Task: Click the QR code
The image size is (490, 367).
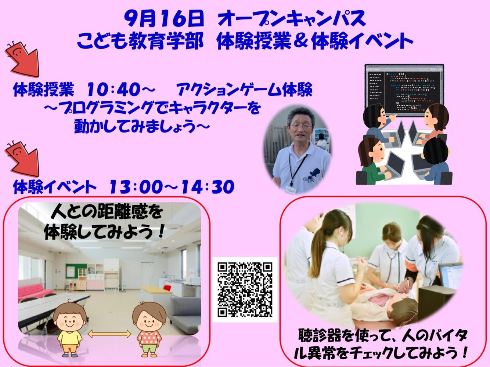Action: (245, 290)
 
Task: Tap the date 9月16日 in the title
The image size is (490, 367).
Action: (164, 19)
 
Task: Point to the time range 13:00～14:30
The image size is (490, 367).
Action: (172, 186)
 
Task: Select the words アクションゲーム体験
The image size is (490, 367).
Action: (244, 90)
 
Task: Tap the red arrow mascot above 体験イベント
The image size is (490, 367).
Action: (22, 158)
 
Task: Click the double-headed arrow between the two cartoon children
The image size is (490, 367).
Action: (109, 334)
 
